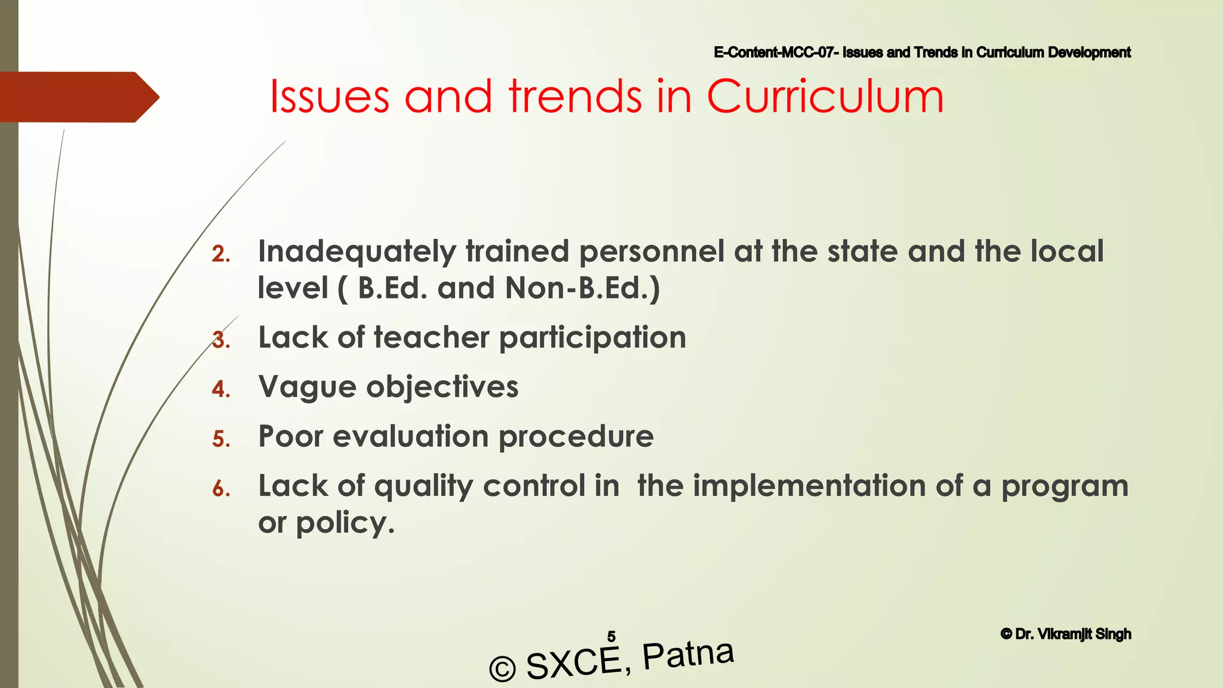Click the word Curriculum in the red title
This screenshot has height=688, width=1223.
tap(825, 97)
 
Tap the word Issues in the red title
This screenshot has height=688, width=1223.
tap(330, 97)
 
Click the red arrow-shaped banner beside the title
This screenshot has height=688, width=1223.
tap(78, 97)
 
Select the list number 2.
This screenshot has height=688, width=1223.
tap(220, 255)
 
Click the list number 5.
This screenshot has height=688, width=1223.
tap(220, 440)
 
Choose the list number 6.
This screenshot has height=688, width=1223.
tap(220, 489)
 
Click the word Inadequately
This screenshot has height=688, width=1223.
tap(357, 252)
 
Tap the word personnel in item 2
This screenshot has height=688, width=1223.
tap(652, 252)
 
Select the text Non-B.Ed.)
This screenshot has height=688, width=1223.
tap(582, 288)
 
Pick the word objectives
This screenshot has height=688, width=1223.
tap(442, 387)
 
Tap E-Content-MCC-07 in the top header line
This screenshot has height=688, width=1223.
tap(774, 53)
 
